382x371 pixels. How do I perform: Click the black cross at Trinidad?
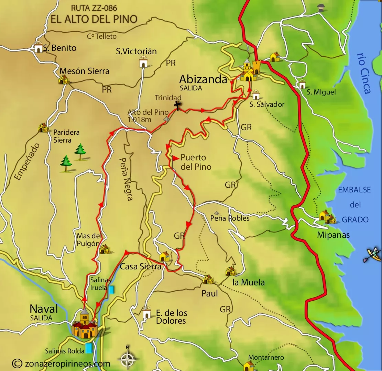pos(177,106)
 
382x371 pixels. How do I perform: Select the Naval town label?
pos(44,309)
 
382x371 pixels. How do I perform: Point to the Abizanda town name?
pos(203,80)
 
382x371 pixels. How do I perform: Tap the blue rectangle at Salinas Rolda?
pos(89,348)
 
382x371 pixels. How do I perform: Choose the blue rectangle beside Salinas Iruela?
pos(111,290)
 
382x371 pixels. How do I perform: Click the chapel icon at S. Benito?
pos(38,48)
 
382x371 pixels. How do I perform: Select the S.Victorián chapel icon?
pos(143,63)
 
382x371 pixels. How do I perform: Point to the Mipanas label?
pos(333,235)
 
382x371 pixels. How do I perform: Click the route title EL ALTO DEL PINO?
pos(94,19)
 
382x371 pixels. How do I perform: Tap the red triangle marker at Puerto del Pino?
pos(175,158)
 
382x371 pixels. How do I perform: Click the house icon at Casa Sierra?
pos(164,256)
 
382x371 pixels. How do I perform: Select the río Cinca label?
pos(364,73)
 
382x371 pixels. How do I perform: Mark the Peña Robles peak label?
pos(230,218)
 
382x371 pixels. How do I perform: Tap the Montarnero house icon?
pos(248,366)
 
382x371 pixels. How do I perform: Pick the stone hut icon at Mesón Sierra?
pos(63,80)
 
